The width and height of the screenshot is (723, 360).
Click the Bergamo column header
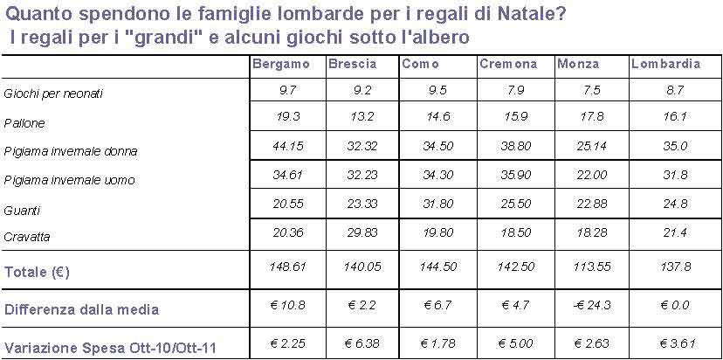tap(280, 65)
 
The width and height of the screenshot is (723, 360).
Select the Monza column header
tap(578, 65)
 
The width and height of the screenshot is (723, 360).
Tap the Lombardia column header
tap(665, 65)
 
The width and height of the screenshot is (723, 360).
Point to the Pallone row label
tap(24, 124)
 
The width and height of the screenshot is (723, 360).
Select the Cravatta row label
tap(27, 237)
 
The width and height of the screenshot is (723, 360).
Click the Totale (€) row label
tap(38, 273)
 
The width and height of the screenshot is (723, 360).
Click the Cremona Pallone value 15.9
tap(513, 116)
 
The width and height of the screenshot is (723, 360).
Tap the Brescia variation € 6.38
tap(360, 343)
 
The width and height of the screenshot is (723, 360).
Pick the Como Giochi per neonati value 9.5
tap(433, 88)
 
